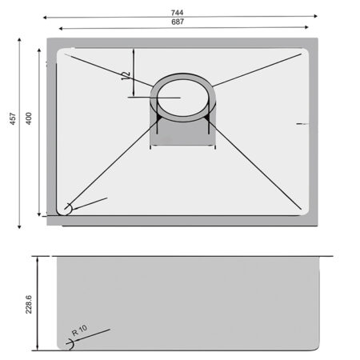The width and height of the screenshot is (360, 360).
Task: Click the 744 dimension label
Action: pos(177,13)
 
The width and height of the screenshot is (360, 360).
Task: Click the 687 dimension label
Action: pos(178,22)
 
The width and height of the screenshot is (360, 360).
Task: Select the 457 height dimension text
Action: pos(13,118)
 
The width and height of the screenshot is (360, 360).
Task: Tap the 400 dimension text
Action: pos(29,118)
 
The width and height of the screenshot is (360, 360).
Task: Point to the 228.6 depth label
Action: pos(29,304)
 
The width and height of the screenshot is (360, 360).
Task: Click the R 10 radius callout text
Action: pos(79,330)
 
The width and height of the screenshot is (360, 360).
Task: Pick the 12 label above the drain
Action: pos(126,76)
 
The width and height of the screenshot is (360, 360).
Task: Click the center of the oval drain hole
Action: pos(183,98)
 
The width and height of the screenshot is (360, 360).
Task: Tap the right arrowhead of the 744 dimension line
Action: pos(315,16)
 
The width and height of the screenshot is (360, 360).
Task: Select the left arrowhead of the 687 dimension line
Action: pos(61,29)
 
